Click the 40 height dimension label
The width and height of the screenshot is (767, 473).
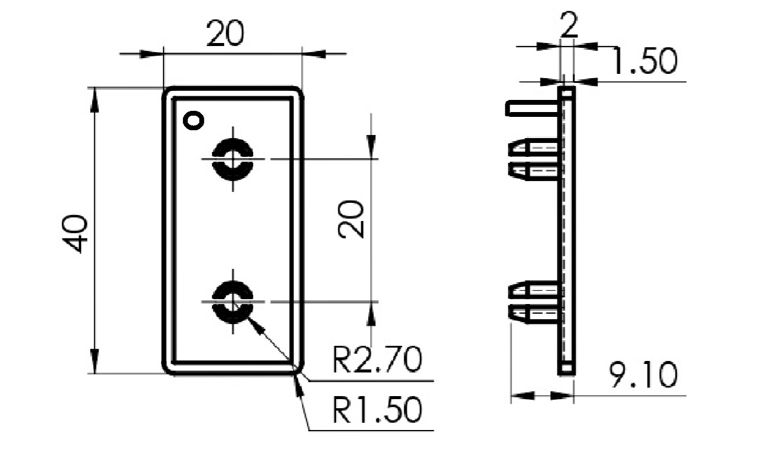76,233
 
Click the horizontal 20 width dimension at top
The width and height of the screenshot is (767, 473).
225,35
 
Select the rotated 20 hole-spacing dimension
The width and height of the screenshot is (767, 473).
352,219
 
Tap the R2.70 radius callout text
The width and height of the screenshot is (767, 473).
377,362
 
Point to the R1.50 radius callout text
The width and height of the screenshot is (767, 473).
377,411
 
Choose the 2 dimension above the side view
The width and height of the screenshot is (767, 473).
568,26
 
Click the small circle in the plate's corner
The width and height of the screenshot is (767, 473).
194,121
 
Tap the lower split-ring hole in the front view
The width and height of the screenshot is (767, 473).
233,302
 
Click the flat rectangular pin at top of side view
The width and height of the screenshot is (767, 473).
532,108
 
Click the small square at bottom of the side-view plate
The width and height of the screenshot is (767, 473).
567,368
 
